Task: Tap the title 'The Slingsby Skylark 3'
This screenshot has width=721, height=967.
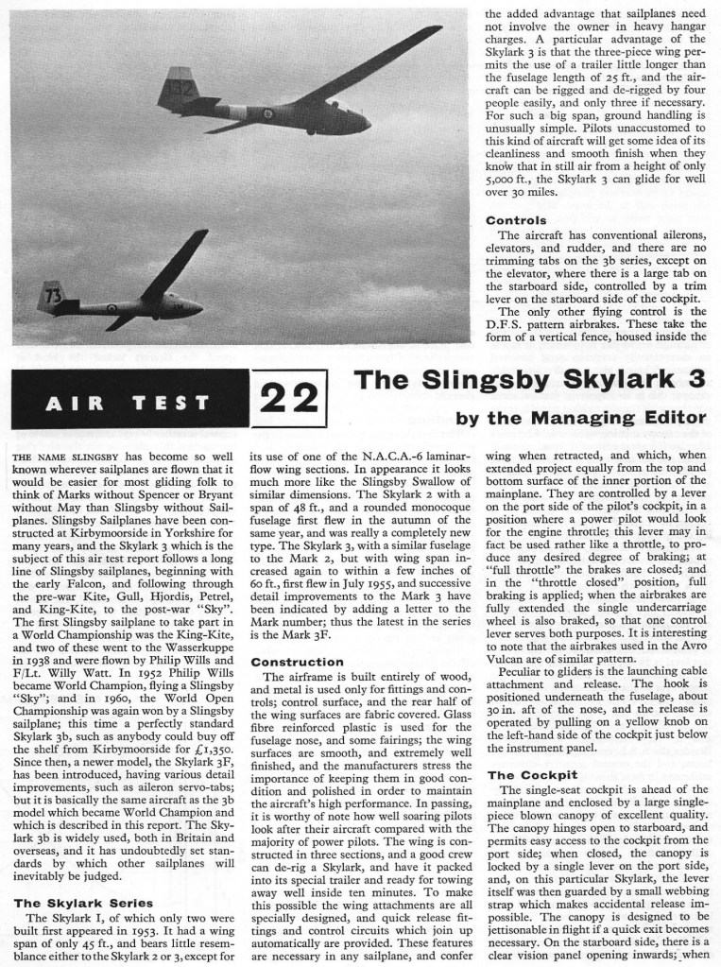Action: click(529, 380)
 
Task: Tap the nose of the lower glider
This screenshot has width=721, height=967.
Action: click(198, 306)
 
